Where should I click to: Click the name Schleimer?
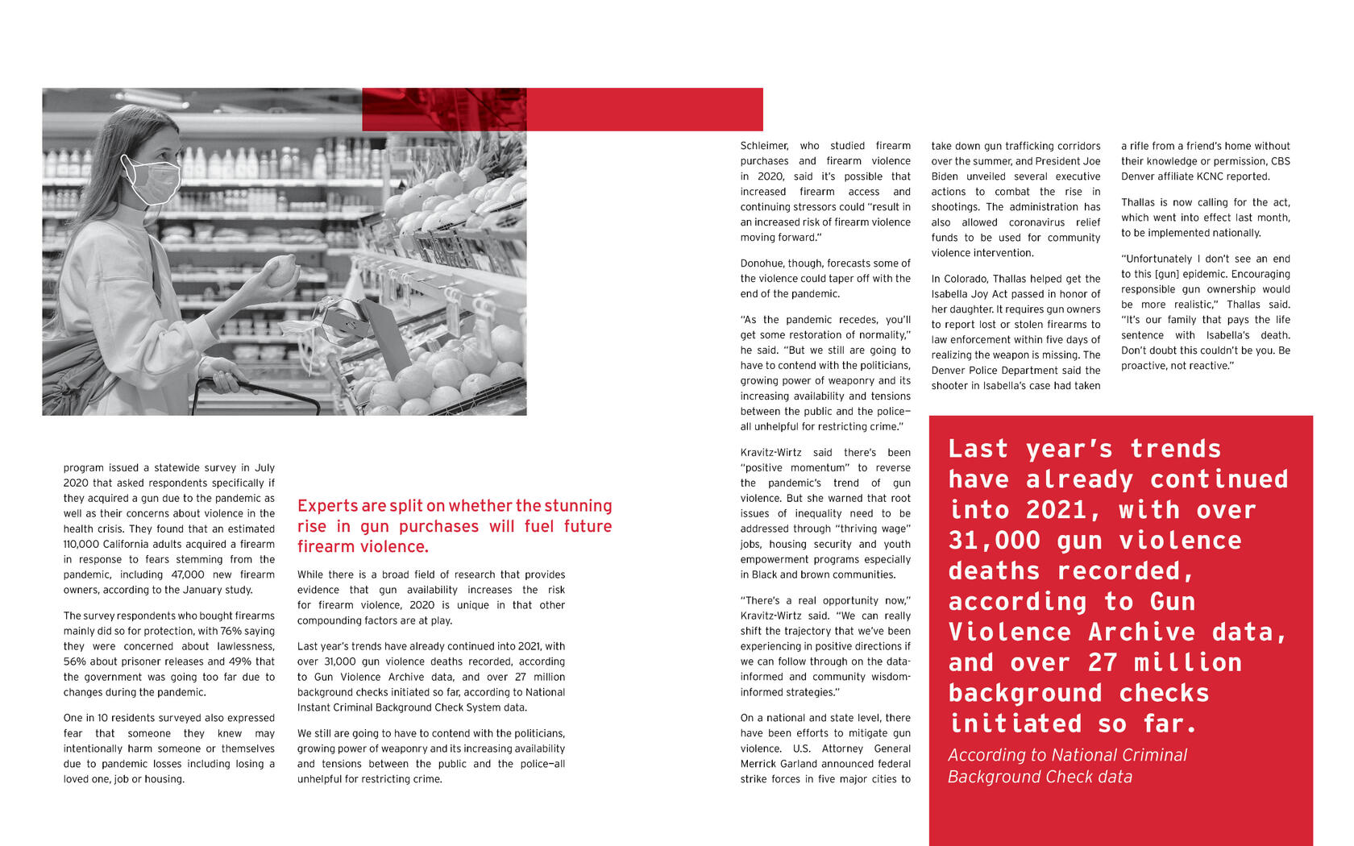(x=764, y=146)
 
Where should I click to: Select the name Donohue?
(x=762, y=263)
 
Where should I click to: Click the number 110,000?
(x=81, y=545)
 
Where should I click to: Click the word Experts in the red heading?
(x=327, y=506)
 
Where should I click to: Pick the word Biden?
(x=948, y=176)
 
